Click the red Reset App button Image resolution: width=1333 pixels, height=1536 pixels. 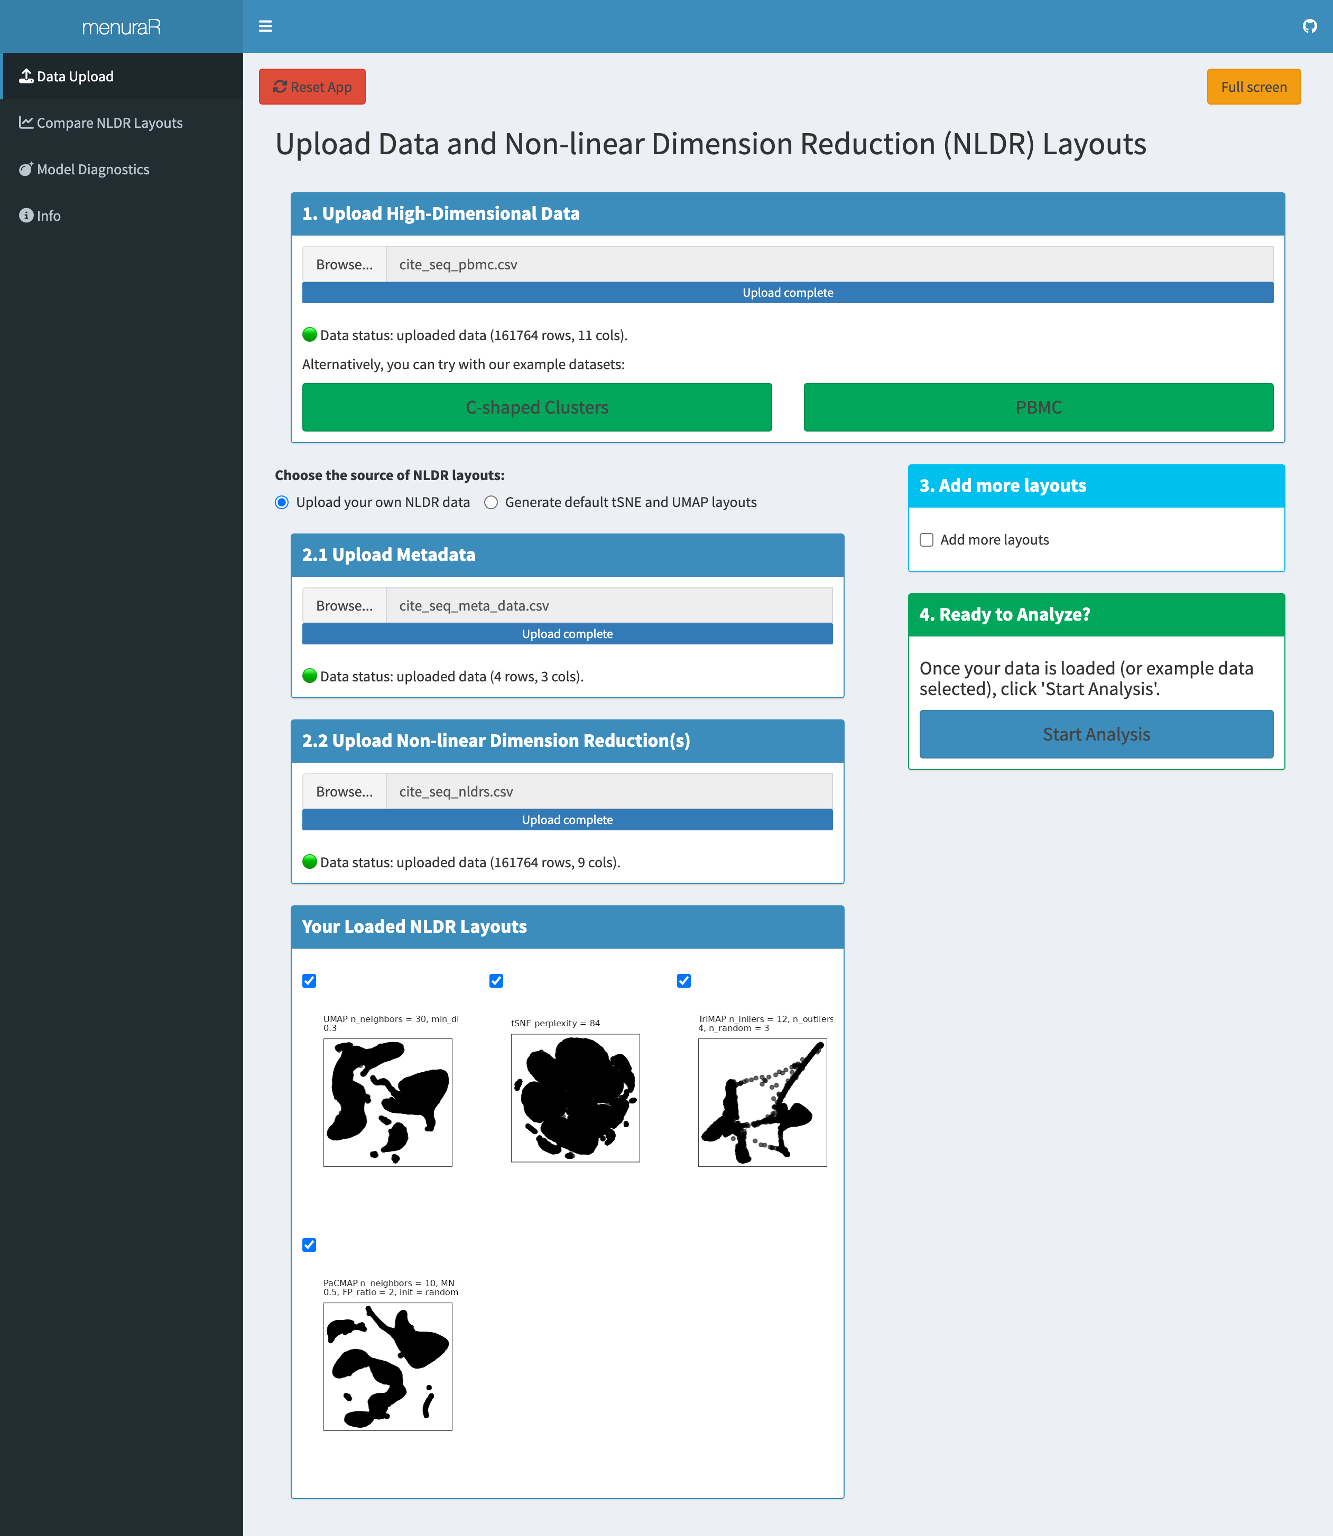312,87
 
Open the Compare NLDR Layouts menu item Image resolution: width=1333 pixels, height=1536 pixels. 109,123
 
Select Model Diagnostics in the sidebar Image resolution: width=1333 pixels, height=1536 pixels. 93,170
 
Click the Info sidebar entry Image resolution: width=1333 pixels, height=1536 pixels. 48,216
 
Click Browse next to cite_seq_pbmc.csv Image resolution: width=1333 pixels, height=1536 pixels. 344,265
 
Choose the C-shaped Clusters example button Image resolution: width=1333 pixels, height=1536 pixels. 536,407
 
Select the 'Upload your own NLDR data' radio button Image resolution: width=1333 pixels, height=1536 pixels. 282,503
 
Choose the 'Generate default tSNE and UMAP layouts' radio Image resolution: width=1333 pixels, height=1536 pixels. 491,503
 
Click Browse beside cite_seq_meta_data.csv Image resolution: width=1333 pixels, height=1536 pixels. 344,606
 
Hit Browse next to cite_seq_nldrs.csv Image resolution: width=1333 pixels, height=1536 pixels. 344,792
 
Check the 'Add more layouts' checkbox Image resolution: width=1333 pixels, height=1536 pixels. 926,540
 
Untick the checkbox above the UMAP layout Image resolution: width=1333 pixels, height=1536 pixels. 309,981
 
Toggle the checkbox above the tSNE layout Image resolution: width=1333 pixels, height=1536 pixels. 496,981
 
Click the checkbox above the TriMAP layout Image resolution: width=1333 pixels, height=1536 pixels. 683,981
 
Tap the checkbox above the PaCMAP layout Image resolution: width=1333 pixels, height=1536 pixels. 309,1244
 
